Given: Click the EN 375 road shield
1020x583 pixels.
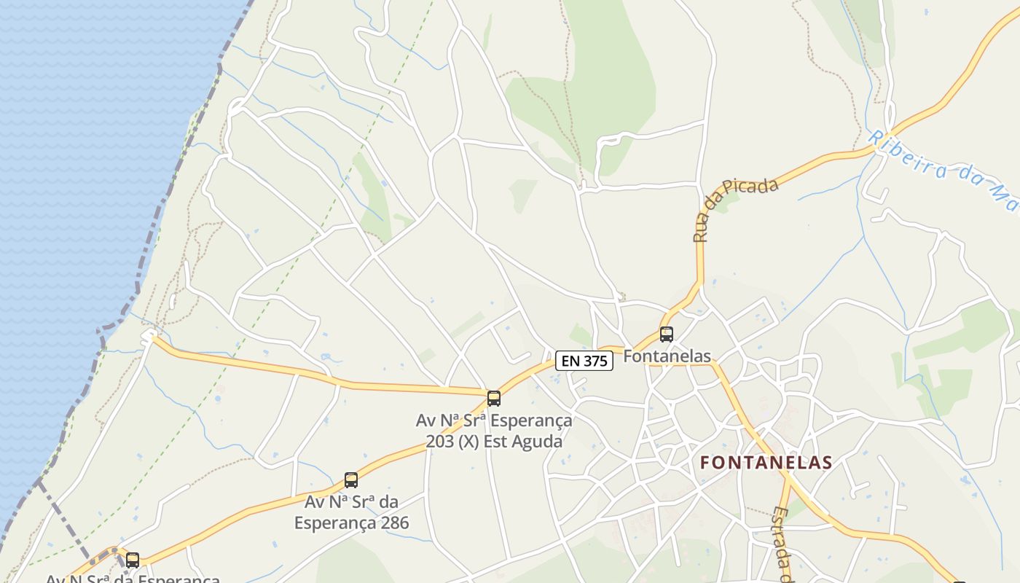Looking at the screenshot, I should (584, 360).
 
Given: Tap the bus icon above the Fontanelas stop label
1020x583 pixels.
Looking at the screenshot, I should (667, 334).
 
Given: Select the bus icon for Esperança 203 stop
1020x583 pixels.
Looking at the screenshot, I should (494, 398).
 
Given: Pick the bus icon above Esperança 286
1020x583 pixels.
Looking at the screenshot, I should (351, 480).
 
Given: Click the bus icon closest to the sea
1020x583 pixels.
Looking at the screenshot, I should (133, 560).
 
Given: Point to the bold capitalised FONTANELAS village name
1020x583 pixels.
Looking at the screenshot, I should (766, 463).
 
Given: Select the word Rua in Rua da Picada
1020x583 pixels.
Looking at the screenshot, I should (701, 227).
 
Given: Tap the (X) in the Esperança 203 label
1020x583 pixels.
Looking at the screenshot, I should (474, 442).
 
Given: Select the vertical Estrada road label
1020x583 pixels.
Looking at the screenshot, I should (782, 543).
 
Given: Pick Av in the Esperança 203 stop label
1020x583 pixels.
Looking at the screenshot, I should (426, 421).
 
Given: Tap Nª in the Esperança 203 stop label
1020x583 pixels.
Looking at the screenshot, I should (452, 421).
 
